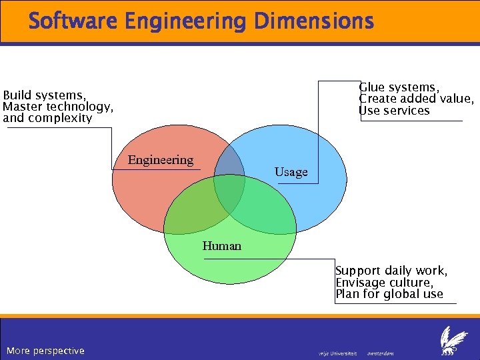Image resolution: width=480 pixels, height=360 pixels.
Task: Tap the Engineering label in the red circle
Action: click(160, 160)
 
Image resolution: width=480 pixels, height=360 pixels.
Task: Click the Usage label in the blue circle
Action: click(291, 172)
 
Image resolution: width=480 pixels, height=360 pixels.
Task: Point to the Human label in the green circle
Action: click(222, 246)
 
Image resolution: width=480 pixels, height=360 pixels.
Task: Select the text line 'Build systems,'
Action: click(45, 95)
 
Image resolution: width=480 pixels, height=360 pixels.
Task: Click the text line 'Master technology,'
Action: click(58, 107)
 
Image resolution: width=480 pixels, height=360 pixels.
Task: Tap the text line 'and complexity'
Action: click(47, 118)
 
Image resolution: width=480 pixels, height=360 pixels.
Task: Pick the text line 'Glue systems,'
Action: click(399, 87)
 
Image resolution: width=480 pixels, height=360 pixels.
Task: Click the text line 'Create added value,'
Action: click(417, 99)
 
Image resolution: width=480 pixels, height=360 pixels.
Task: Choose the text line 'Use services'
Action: click(395, 111)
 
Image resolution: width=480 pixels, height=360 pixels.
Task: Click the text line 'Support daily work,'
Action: click(391, 271)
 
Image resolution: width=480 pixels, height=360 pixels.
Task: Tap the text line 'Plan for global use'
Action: click(389, 294)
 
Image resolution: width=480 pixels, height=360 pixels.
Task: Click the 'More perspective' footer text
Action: click(45, 351)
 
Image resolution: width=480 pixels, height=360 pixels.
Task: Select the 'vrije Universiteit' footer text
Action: click(338, 353)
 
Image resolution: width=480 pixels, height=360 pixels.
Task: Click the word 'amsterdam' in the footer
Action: click(381, 353)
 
